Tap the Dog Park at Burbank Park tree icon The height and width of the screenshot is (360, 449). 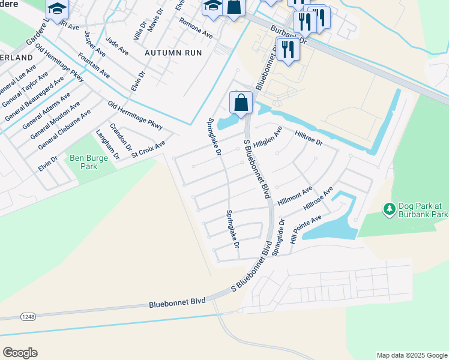pyautogui.click(x=389, y=209)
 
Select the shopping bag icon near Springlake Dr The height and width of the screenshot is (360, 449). pyautogui.click(x=241, y=103)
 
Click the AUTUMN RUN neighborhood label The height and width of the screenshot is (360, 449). pyautogui.click(x=173, y=53)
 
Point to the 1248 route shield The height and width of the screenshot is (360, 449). pyautogui.click(x=28, y=316)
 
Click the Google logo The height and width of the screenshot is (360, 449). pyautogui.click(x=20, y=353)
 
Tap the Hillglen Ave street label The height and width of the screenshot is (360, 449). pyautogui.click(x=268, y=139)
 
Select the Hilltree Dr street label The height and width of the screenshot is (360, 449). pyautogui.click(x=309, y=139)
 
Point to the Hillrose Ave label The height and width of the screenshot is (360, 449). pyautogui.click(x=318, y=199)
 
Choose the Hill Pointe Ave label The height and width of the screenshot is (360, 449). pyautogui.click(x=306, y=228)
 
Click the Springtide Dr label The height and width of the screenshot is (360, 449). pyautogui.click(x=279, y=238)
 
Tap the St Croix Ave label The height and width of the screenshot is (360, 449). pyautogui.click(x=148, y=146)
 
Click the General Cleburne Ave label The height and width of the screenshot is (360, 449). pyautogui.click(x=64, y=130)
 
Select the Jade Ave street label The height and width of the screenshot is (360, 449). pyautogui.click(x=117, y=47)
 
